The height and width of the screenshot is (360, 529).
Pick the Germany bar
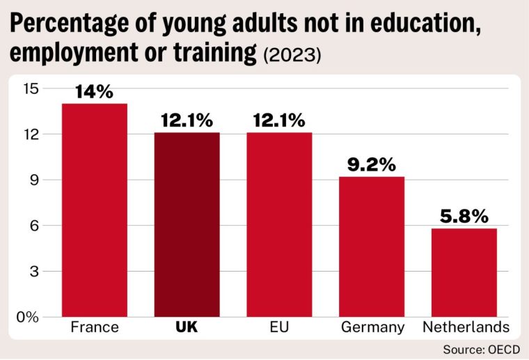(372, 246)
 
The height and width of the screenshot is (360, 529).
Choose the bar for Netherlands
(464, 272)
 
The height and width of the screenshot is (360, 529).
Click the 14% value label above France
(95, 92)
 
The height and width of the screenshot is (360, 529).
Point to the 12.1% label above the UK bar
(187, 120)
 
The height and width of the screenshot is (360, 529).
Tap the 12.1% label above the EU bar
(279, 120)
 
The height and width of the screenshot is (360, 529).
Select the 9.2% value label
(372, 165)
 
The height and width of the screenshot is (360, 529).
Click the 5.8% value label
(464, 217)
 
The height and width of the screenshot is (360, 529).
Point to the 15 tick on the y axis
(31, 88)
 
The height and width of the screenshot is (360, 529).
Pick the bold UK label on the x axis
(187, 327)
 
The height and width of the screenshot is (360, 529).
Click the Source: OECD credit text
(480, 348)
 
